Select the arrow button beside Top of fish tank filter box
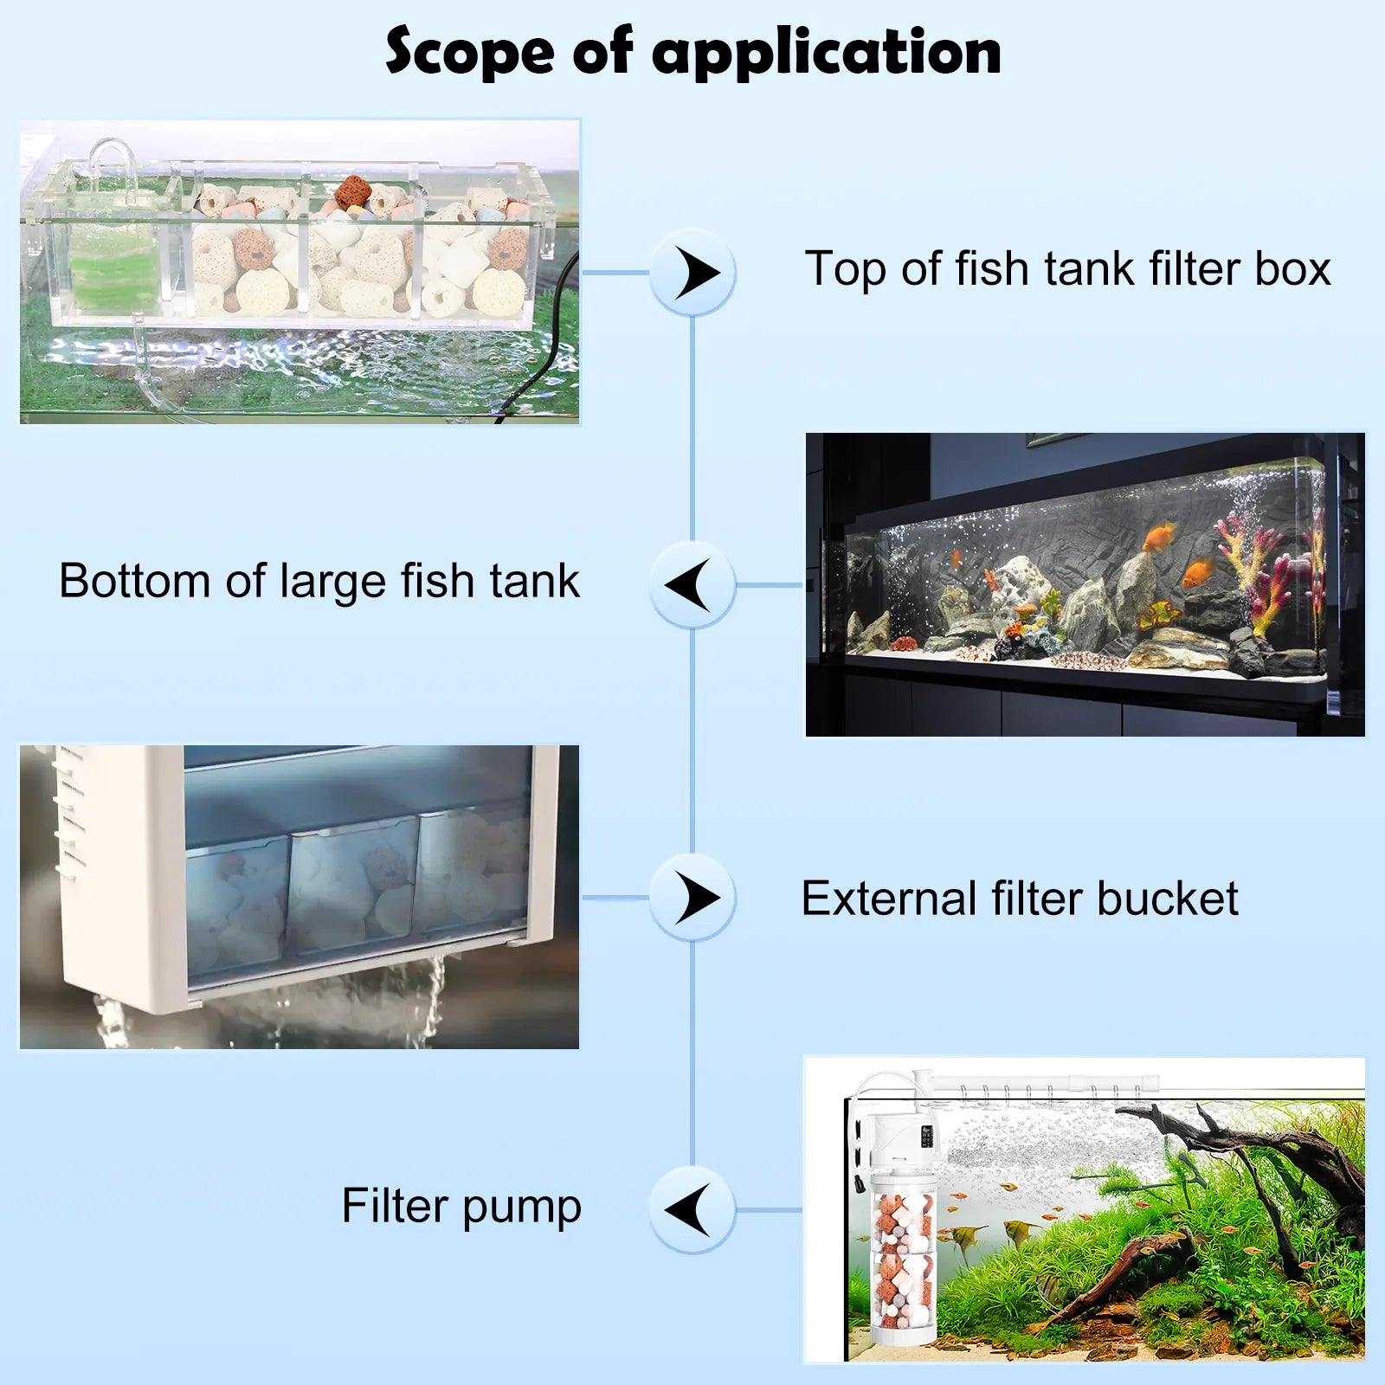pos(692,273)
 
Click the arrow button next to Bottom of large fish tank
pos(692,584)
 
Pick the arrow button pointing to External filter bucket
pos(692,898)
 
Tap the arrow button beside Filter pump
pos(692,1209)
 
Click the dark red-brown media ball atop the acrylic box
pos(353,191)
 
